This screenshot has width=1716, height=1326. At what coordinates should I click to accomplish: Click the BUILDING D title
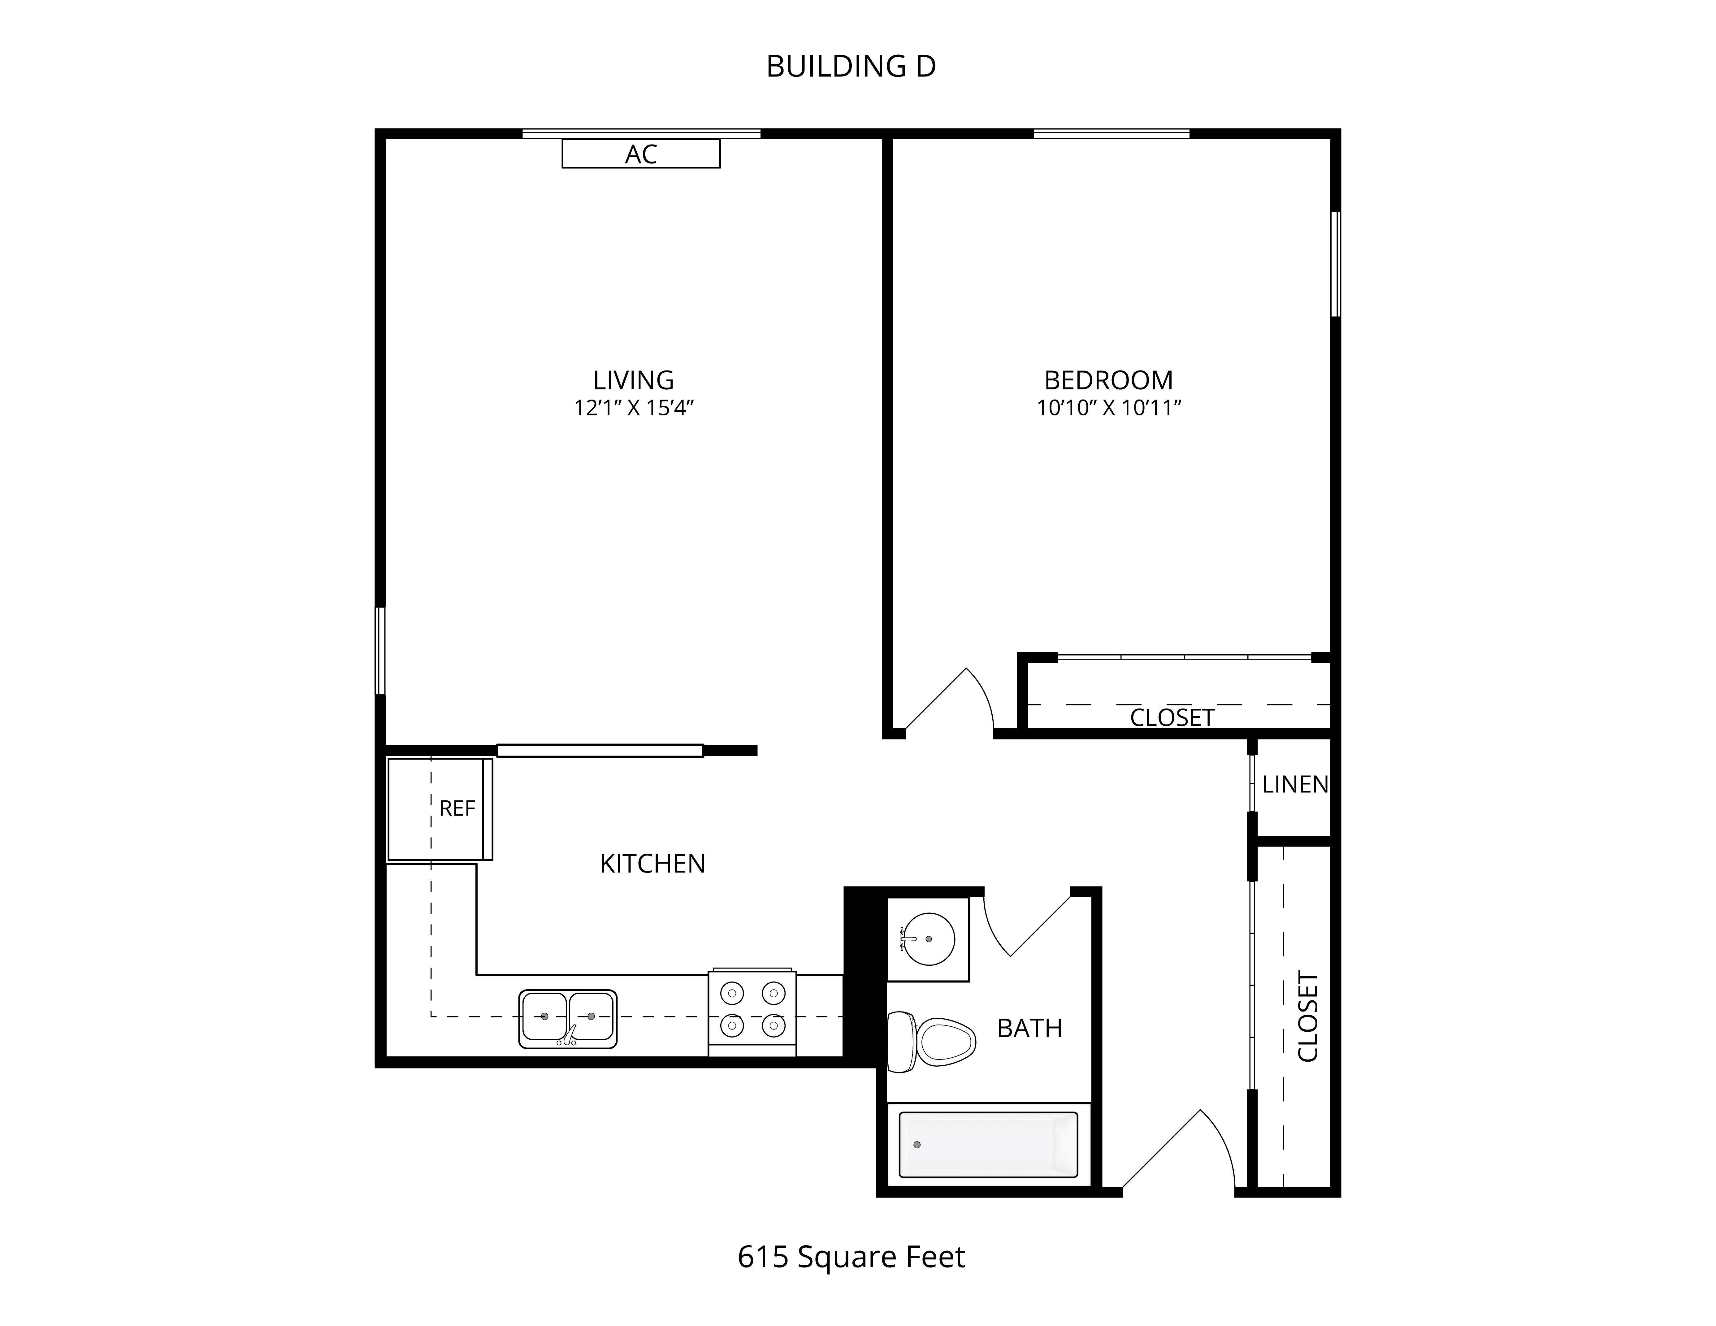[851, 67]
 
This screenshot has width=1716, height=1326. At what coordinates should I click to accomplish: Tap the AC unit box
[641, 154]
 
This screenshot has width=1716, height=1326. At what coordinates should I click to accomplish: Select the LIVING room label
[633, 380]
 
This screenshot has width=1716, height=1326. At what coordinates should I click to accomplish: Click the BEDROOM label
[1109, 380]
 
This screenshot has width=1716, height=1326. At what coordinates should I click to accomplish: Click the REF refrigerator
[440, 809]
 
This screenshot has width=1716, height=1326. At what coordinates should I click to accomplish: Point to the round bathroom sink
[928, 939]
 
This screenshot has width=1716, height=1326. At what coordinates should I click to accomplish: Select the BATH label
[1029, 1028]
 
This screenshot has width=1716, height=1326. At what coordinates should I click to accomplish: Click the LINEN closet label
[1295, 784]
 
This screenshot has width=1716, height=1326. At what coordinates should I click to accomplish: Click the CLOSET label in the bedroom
[1172, 717]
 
